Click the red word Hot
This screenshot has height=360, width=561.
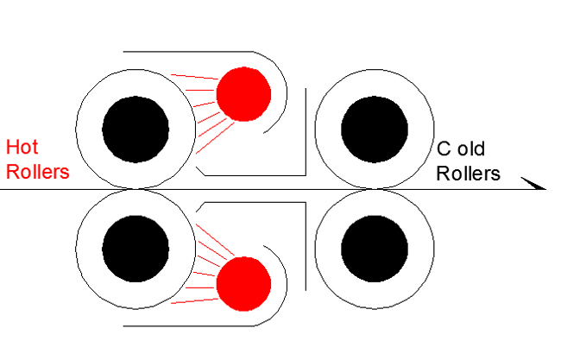point(21,147)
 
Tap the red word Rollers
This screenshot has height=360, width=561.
point(37,171)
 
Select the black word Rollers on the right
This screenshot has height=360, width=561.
point(468,173)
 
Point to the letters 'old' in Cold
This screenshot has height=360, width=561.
point(472,149)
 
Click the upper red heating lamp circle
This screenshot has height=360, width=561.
point(243,94)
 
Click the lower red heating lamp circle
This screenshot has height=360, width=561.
point(243,283)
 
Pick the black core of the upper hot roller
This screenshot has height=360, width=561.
point(136,129)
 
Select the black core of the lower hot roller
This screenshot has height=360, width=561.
point(136,249)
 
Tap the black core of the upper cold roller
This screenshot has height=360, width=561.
point(374,129)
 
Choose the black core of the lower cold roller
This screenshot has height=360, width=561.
point(374,249)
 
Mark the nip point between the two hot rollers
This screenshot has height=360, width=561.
point(136,189)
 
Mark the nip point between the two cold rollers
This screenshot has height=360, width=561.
point(374,189)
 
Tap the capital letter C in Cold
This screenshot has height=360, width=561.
point(442,149)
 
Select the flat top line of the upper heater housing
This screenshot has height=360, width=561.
point(190,51)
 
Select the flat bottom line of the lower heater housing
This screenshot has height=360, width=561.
point(190,325)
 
